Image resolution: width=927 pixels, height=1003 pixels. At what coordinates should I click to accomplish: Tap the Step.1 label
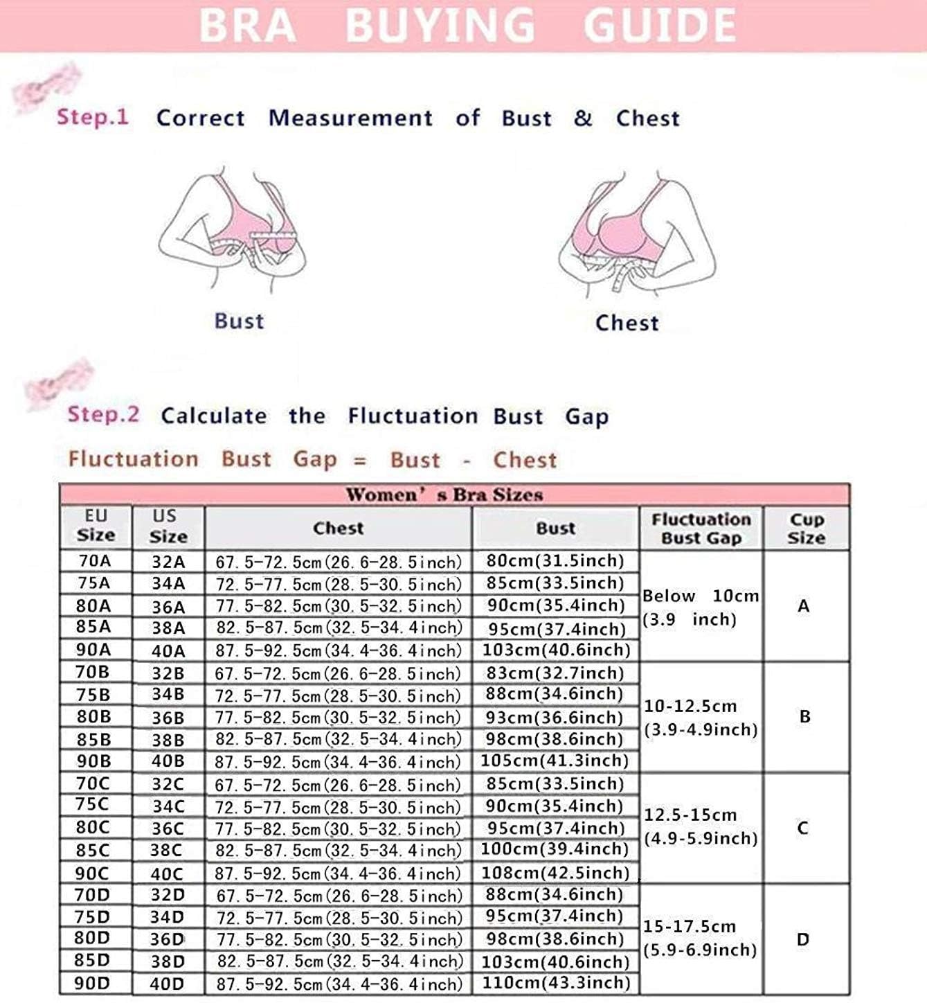pyautogui.click(x=93, y=116)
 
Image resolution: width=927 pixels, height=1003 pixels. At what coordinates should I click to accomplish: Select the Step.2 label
pyautogui.click(x=103, y=415)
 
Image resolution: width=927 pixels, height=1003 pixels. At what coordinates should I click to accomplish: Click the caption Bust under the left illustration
pyautogui.click(x=239, y=321)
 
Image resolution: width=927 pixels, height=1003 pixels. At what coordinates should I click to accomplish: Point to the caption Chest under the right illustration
pyautogui.click(x=627, y=323)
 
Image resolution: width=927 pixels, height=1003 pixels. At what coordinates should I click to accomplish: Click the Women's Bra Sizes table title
pyautogui.click(x=444, y=495)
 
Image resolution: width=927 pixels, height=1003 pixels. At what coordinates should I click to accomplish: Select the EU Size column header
pyautogui.click(x=96, y=526)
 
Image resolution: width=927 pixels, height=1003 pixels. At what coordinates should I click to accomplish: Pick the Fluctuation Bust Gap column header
pyautogui.click(x=701, y=529)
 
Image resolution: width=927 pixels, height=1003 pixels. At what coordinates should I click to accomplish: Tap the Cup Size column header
pyautogui.click(x=806, y=529)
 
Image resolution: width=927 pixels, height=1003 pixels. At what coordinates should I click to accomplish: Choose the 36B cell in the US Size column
pyautogui.click(x=168, y=718)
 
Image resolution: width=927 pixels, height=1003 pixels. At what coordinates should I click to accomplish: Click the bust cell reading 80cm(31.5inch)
pyautogui.click(x=555, y=560)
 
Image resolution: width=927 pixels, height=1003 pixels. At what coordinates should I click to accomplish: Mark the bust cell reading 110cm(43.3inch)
pyautogui.click(x=555, y=983)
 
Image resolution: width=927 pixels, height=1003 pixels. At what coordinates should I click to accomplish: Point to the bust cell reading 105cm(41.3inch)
pyautogui.click(x=555, y=761)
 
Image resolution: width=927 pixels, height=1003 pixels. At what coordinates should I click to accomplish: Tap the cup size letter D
pyautogui.click(x=803, y=940)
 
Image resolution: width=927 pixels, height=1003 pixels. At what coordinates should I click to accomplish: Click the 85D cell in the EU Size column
pyautogui.click(x=93, y=961)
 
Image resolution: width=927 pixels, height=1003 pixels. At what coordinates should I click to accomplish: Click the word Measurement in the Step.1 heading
pyautogui.click(x=350, y=118)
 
